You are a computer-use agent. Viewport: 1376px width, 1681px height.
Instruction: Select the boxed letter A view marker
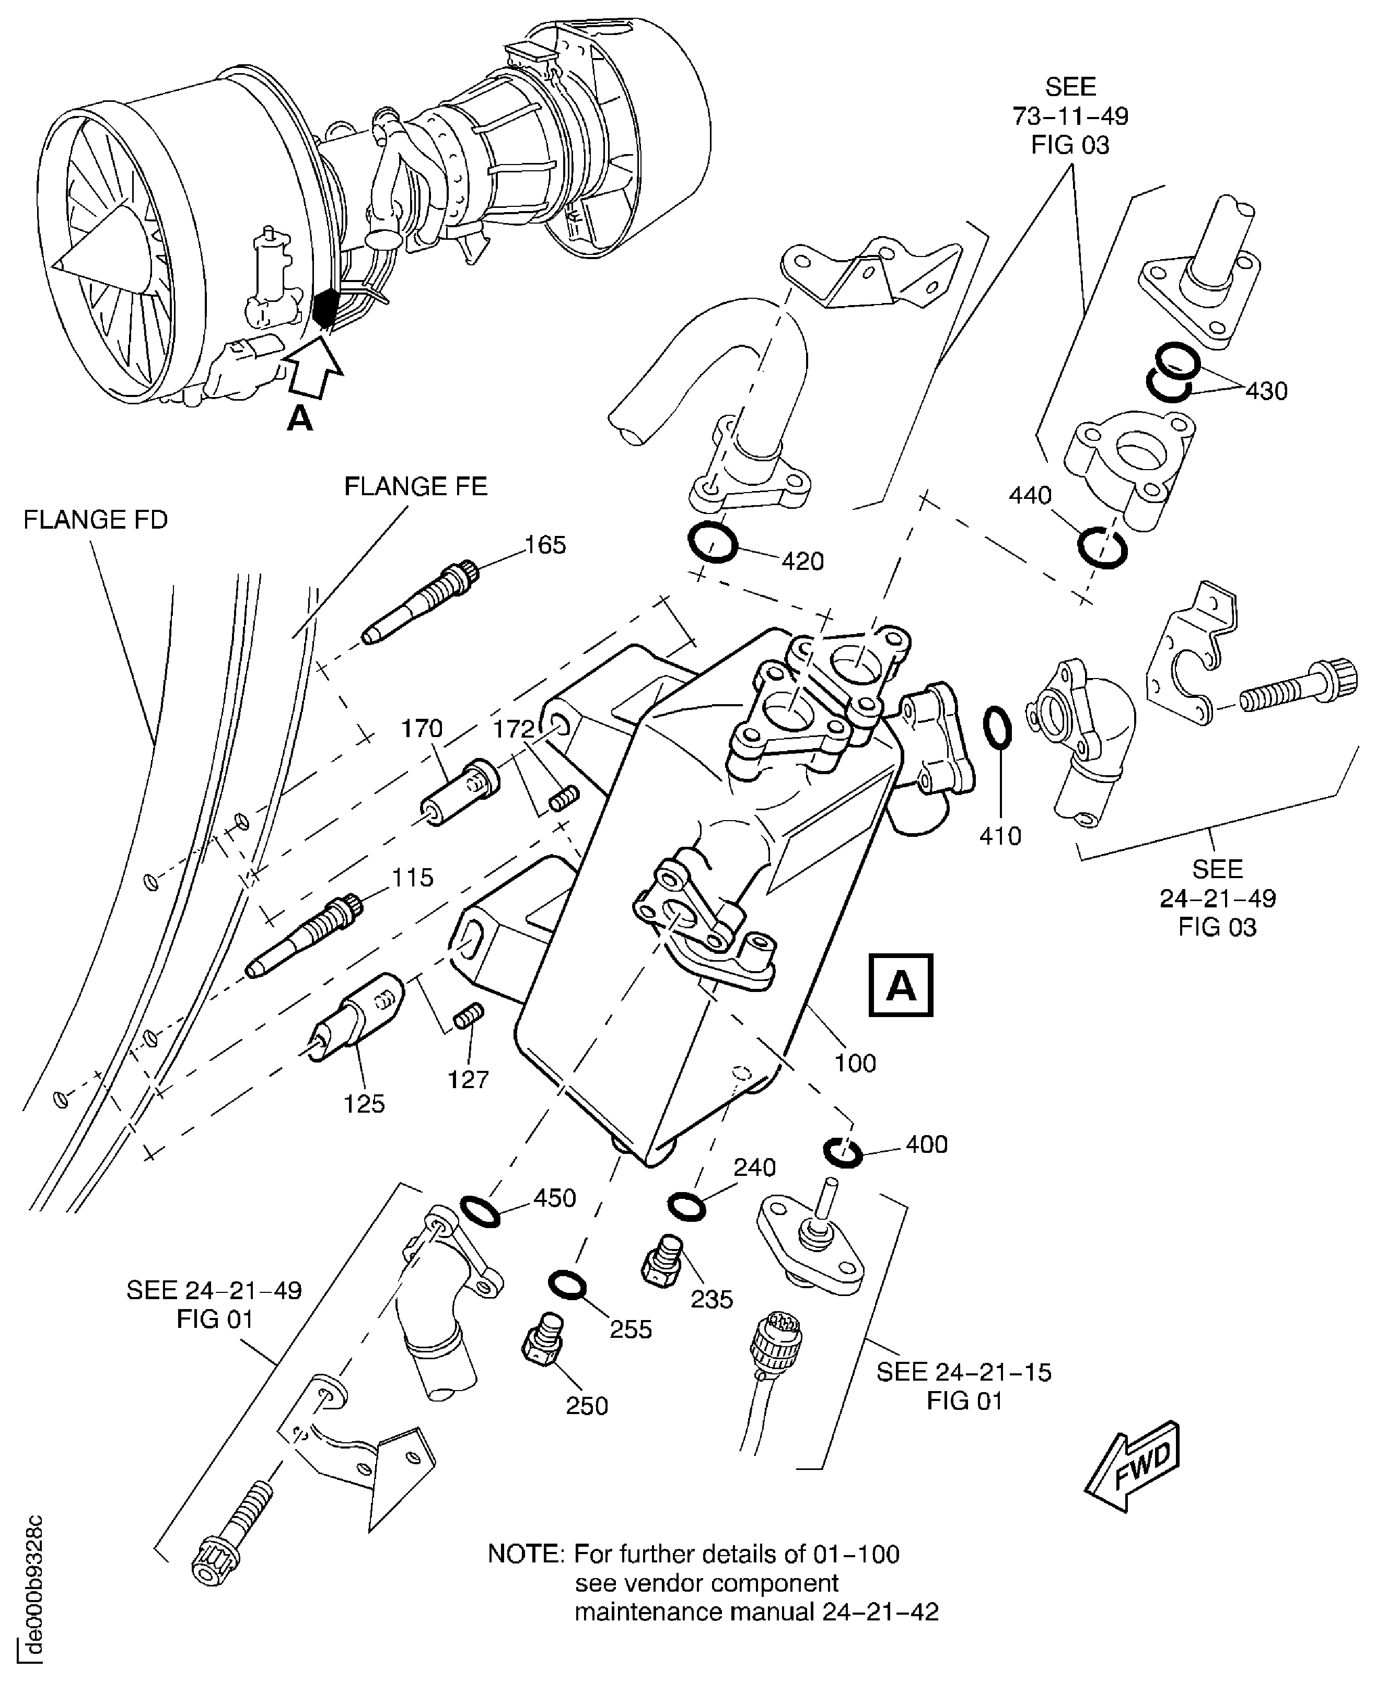901,985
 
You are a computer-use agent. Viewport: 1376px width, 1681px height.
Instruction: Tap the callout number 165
545,545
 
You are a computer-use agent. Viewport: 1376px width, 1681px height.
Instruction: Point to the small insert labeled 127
469,1015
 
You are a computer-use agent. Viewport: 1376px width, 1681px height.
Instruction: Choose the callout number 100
855,1063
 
